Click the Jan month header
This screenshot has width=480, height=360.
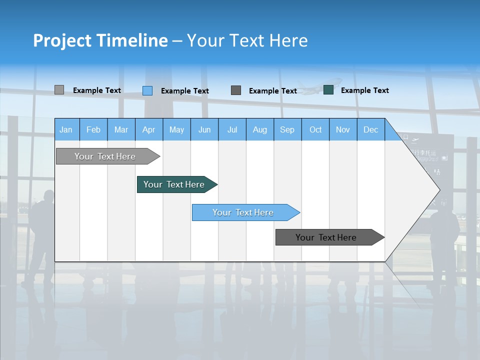[x=66, y=129]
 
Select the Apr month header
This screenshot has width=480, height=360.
[x=148, y=129]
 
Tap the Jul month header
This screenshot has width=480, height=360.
[x=232, y=129]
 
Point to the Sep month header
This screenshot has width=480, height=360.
[x=287, y=129]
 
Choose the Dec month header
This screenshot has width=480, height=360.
[x=370, y=129]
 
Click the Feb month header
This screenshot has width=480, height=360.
[x=93, y=129]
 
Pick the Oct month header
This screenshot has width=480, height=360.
[x=315, y=129]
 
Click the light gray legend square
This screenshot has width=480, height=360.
[x=59, y=90]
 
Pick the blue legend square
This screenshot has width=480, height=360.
[x=147, y=90]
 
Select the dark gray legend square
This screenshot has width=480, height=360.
[x=236, y=90]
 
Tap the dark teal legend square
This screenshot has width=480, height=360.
[x=328, y=90]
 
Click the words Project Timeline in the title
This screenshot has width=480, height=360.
[x=100, y=40]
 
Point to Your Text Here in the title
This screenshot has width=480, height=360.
[x=247, y=40]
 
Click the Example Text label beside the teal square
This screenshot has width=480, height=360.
[x=364, y=90]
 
